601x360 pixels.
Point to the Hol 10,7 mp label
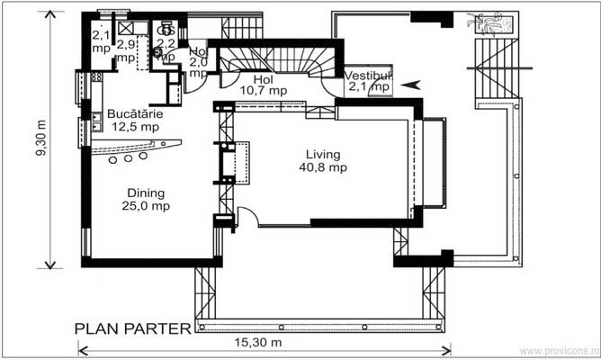(263, 85)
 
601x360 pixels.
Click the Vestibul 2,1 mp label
(368, 81)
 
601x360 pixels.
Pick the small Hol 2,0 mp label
(198, 59)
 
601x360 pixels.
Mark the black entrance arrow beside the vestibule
(410, 85)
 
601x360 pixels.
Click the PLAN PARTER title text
(132, 328)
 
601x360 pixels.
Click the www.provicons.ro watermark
(559, 350)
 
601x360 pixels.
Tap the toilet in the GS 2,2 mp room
(159, 53)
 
